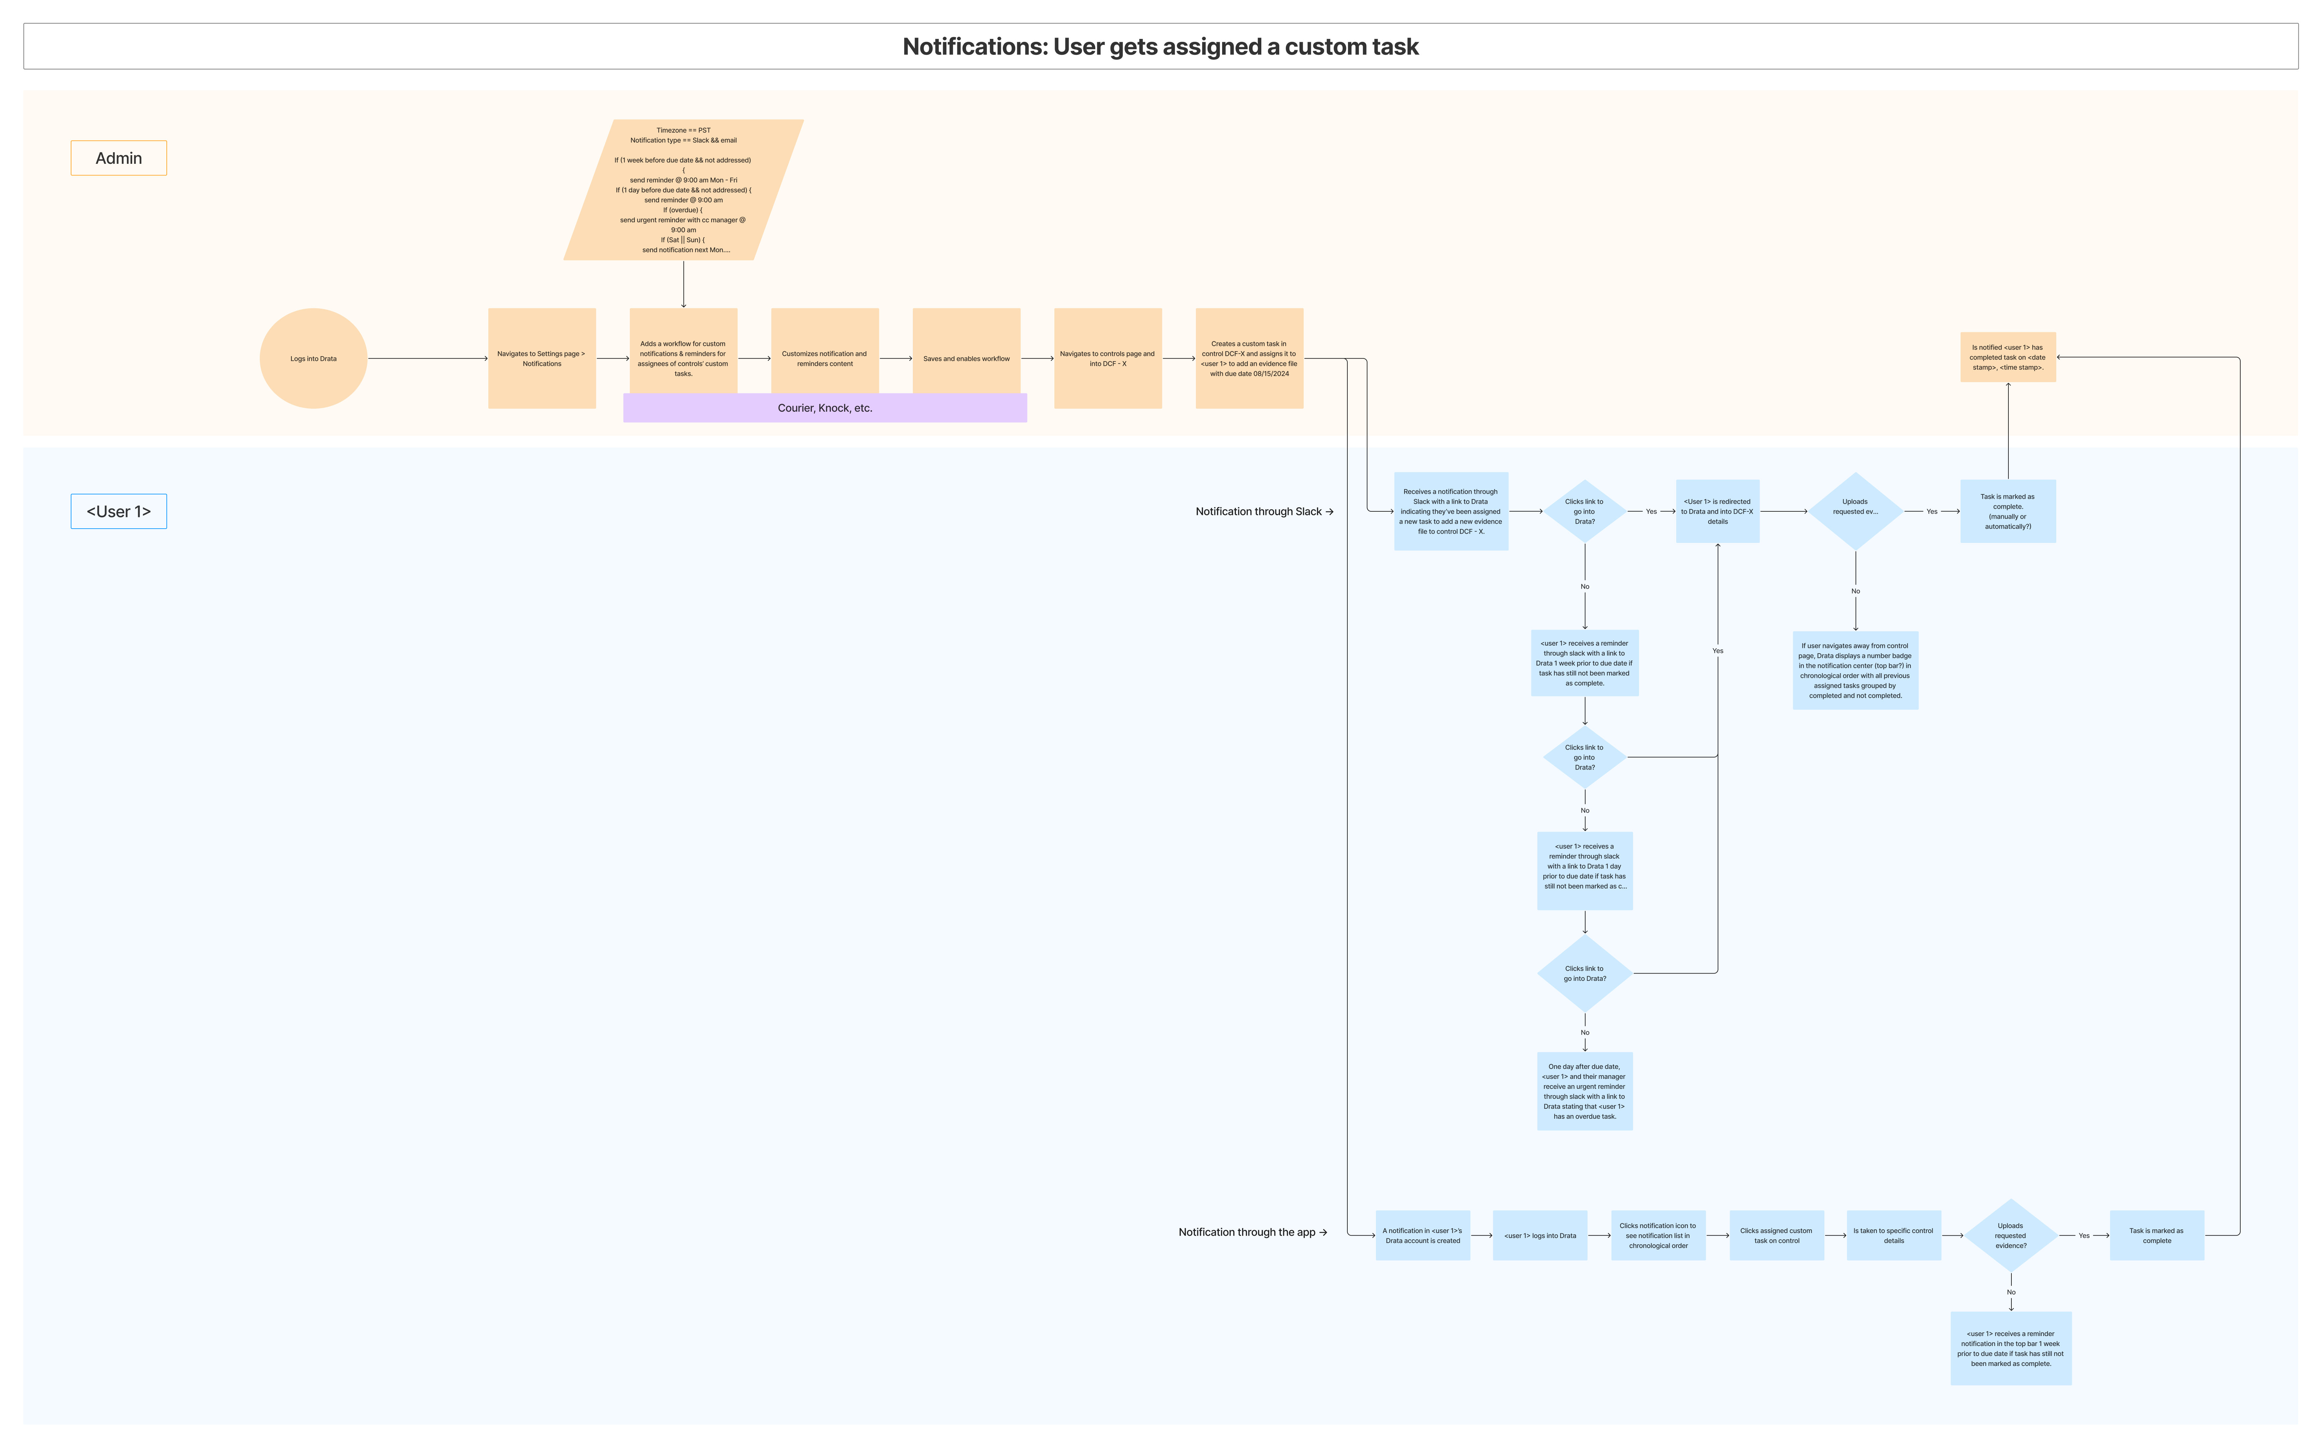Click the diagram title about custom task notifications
pos(1161,47)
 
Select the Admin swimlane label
pos(119,158)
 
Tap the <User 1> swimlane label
pos(119,511)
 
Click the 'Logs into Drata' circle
pos(313,358)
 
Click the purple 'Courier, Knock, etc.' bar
pos(824,408)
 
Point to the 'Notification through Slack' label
pos(1264,511)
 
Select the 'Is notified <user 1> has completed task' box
pos(2008,357)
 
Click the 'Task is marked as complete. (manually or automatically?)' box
pos(2008,511)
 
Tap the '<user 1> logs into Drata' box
pos(1540,1235)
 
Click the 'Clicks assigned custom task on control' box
pos(1776,1235)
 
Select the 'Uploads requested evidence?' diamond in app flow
pos(2011,1235)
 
